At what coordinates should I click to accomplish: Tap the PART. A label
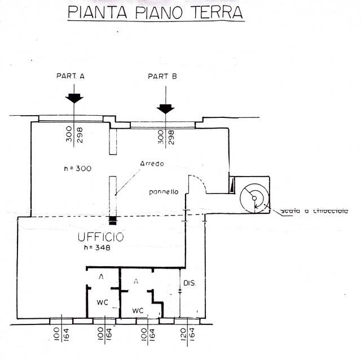tap(71, 76)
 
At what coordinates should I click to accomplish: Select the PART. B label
tap(162, 76)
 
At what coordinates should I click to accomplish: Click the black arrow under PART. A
tap(74, 98)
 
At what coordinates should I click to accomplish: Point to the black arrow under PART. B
tap(165, 108)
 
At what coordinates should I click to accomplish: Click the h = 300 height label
tap(78, 168)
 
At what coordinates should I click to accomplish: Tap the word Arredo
tap(152, 164)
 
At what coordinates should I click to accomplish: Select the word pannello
tap(164, 192)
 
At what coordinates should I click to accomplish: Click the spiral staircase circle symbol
tap(253, 197)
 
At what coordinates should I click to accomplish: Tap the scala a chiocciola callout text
tap(315, 211)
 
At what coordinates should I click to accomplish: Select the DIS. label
tap(190, 283)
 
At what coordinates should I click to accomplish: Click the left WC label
tap(102, 302)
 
